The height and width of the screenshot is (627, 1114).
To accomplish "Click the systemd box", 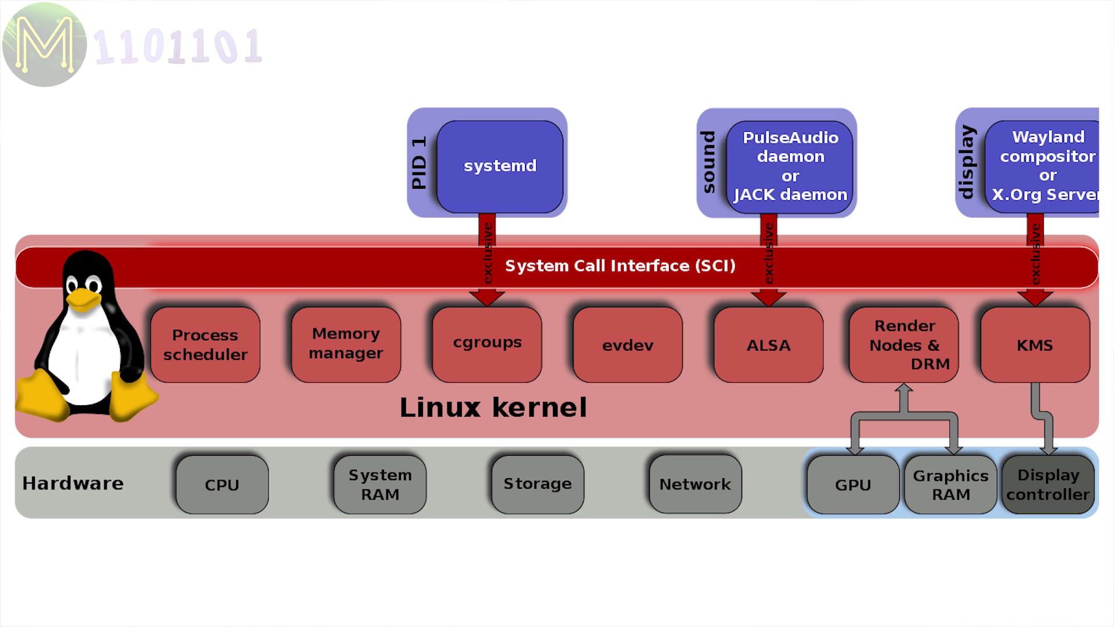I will [x=500, y=167].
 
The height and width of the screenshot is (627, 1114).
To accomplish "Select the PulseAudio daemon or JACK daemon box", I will [x=790, y=167].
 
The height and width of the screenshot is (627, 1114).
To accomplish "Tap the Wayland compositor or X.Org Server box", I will [x=1043, y=167].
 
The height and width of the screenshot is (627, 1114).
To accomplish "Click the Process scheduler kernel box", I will [x=205, y=345].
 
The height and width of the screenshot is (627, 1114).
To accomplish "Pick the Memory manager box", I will [x=346, y=345].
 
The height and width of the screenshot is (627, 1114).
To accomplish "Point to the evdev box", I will [x=628, y=345].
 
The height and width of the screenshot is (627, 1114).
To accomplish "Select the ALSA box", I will [x=768, y=345].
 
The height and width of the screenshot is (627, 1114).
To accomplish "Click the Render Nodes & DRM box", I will [x=903, y=345].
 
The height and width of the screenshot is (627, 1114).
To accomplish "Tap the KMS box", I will [x=1035, y=345].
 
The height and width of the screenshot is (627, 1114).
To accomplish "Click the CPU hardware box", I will [x=222, y=485].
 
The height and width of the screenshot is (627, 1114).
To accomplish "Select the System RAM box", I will [x=380, y=485].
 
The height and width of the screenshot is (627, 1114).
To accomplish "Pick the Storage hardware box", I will [x=537, y=484].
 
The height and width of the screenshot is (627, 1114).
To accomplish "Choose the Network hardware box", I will [x=695, y=484].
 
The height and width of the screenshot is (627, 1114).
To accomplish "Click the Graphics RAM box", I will [x=950, y=485].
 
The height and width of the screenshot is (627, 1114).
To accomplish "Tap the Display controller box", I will [x=1048, y=485].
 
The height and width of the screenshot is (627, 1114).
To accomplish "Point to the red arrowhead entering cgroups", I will [x=487, y=298].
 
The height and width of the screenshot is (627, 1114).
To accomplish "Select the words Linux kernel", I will [x=493, y=408].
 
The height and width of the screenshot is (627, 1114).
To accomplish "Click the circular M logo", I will [x=45, y=45].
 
